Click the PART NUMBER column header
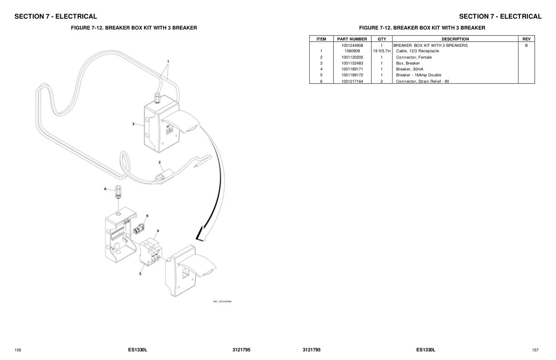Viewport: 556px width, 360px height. [352, 39]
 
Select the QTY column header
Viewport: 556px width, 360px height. [382, 39]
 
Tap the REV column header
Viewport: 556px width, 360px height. [526, 39]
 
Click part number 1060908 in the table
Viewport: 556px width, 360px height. [352, 51]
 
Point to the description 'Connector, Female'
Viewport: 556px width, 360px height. [414, 57]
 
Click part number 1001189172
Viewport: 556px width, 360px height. [352, 75]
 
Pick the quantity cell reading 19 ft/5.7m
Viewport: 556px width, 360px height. [382, 51]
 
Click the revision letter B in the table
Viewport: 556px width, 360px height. [526, 45]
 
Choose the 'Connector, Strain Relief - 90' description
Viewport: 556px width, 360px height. [422, 81]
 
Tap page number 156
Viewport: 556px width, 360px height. [18, 350]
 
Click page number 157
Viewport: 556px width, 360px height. [535, 350]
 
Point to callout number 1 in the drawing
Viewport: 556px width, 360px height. [168, 61]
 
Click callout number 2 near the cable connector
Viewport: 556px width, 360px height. [159, 162]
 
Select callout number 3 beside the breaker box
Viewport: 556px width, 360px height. [133, 124]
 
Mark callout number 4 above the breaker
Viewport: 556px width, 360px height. [158, 231]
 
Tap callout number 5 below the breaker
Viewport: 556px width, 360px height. [140, 274]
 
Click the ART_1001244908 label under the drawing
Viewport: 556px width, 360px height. [222, 301]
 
